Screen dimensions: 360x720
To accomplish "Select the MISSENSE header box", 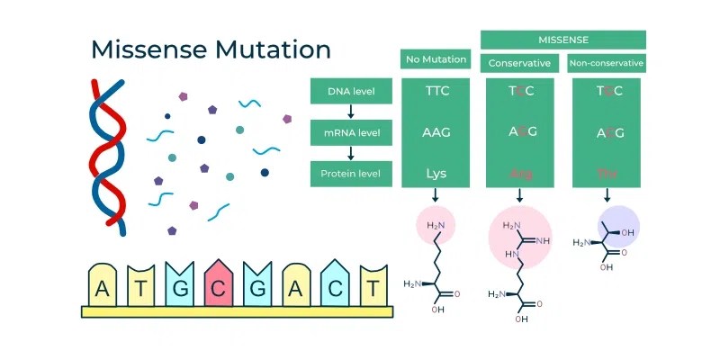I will tap(562, 40).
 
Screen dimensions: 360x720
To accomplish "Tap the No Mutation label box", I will tap(436, 59).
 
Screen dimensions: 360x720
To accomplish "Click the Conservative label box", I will tap(519, 64).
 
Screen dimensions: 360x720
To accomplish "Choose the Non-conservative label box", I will tap(607, 64).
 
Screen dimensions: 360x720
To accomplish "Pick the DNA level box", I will tap(351, 91).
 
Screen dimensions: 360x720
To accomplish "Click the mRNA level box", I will tap(351, 133).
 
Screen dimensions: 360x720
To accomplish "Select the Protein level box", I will tap(351, 174).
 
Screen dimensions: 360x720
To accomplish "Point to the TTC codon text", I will tap(436, 91).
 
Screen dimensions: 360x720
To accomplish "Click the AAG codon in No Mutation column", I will tap(436, 132).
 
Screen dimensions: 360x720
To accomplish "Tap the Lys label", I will tap(436, 173).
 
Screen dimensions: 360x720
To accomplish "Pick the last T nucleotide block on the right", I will tap(372, 288).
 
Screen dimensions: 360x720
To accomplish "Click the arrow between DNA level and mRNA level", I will tap(351, 112).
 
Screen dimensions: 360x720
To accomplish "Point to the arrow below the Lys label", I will tap(436, 194).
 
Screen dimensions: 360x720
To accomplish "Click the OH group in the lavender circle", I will tap(627, 233).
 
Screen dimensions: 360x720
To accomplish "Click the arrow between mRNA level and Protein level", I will tap(351, 153).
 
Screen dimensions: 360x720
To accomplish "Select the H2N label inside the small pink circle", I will tap(435, 224).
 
